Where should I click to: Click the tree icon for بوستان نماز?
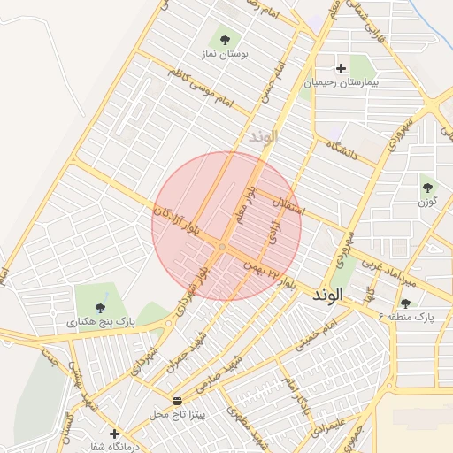point(226,39)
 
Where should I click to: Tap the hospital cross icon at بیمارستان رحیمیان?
point(341,68)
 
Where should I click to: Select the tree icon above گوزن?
point(428,187)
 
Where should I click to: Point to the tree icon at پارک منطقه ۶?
point(406,303)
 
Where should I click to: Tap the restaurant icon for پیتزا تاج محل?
point(177,402)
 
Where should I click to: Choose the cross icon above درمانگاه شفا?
point(114,434)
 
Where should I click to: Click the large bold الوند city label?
point(333,296)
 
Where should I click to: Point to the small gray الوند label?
point(264,137)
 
